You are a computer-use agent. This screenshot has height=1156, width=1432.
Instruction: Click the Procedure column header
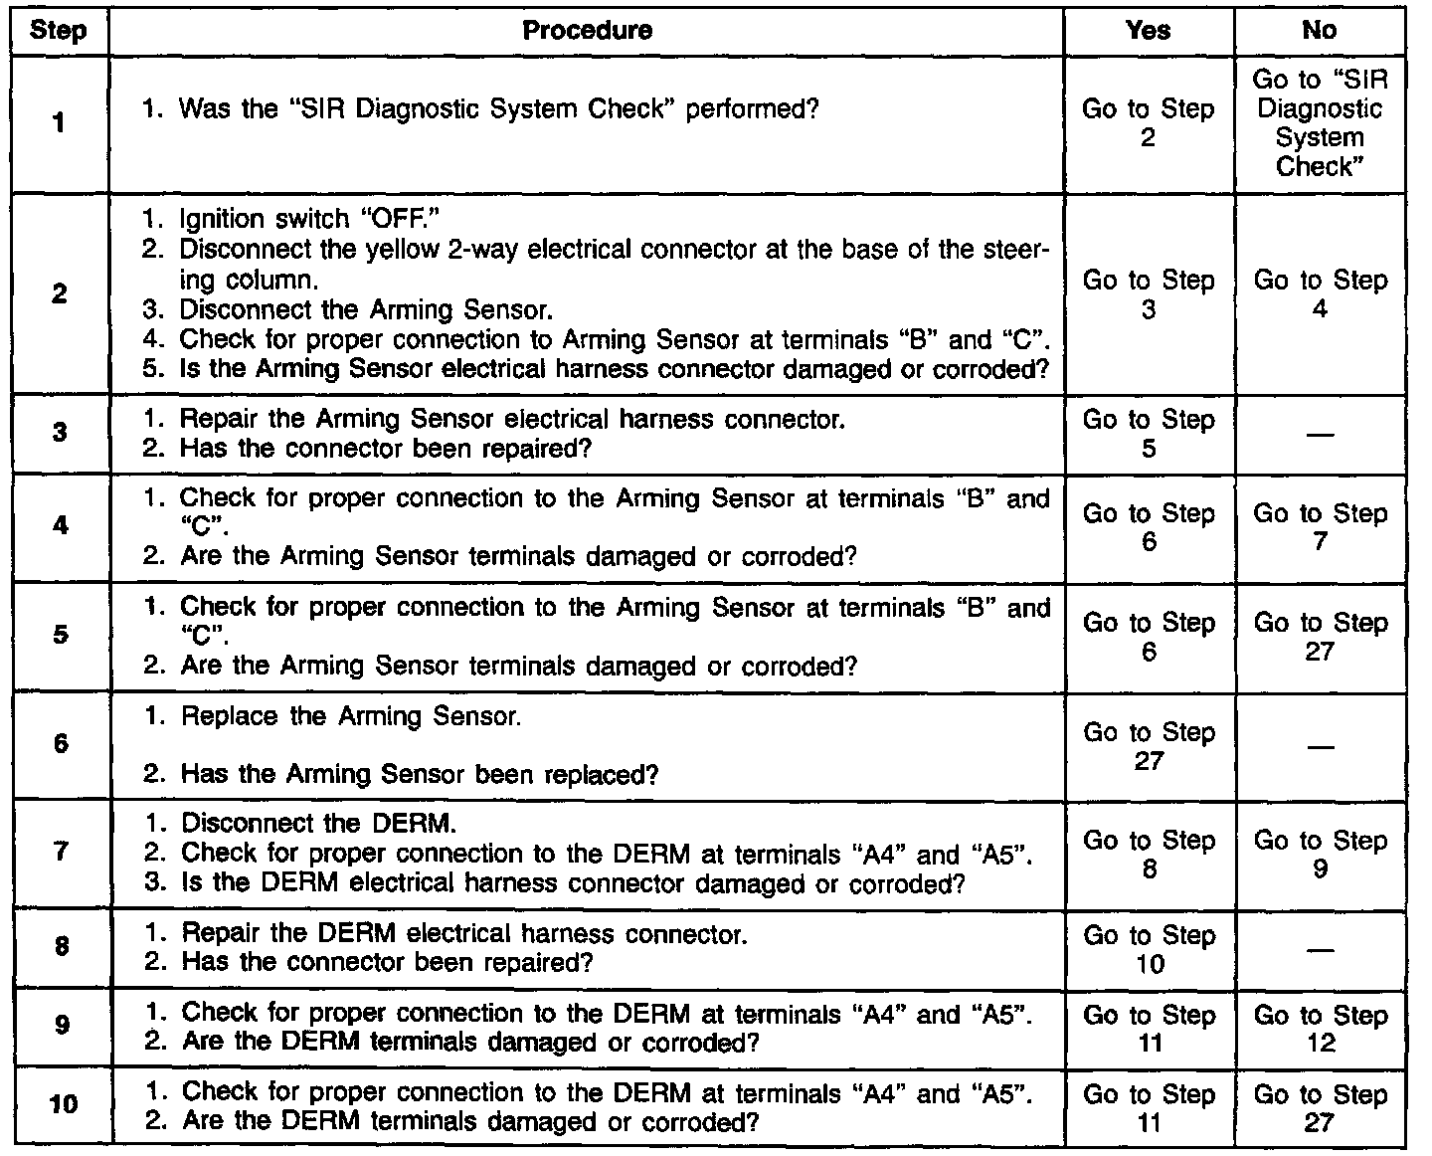tap(587, 31)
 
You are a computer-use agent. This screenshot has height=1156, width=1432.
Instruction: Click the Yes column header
tap(1149, 31)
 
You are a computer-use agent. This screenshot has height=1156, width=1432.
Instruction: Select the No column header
tap(1319, 31)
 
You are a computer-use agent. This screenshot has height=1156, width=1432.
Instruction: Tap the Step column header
tap(59, 31)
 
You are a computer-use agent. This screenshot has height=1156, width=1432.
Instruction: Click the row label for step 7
tap(61, 853)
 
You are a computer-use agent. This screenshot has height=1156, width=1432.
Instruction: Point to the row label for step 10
tap(62, 1104)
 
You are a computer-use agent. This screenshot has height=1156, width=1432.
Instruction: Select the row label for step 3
tap(61, 433)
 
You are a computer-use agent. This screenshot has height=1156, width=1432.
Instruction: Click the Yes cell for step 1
tap(1149, 122)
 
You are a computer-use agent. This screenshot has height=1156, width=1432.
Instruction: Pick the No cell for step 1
tap(1319, 122)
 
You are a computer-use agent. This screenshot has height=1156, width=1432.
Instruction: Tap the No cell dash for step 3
tap(1319, 435)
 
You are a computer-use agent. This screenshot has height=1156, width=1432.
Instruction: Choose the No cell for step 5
tap(1319, 637)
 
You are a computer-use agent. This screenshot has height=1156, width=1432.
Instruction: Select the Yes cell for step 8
tap(1149, 949)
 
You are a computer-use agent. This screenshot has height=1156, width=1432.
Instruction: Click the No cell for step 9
tap(1319, 1029)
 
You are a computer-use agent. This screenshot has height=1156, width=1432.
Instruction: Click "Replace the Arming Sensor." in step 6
tap(350, 716)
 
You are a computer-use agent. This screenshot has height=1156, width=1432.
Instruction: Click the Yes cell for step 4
tap(1149, 527)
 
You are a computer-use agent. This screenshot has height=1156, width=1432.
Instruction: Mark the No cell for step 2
tap(1319, 294)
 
